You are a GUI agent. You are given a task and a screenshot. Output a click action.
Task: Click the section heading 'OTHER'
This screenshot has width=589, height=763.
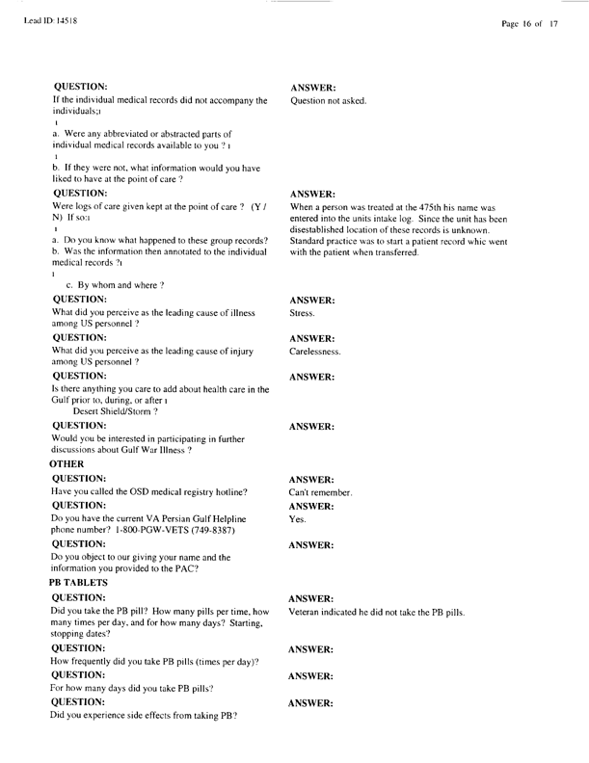pos(69,464)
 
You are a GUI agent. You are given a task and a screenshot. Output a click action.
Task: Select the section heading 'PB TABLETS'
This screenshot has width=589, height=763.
pos(83,584)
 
